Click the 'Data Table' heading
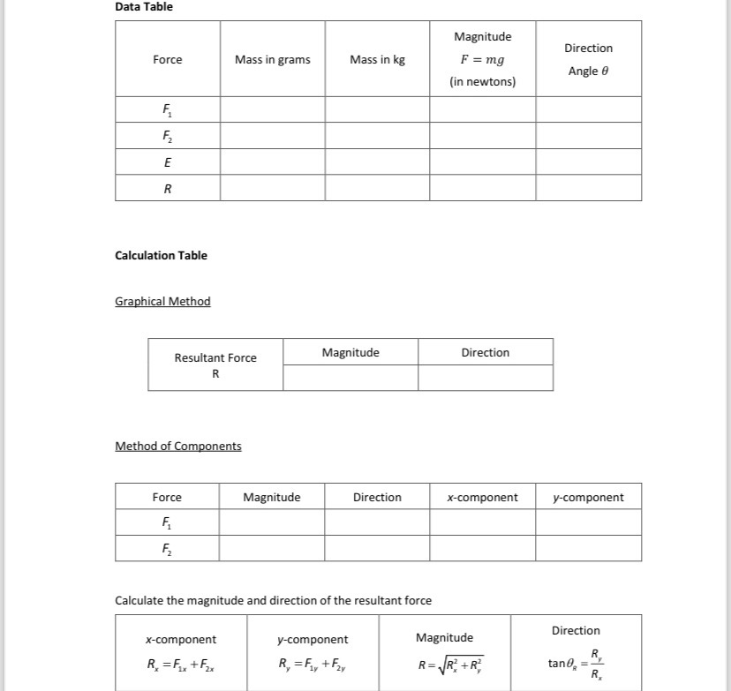point(144,7)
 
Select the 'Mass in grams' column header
point(272,60)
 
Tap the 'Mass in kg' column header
point(377,60)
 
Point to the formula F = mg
point(482,60)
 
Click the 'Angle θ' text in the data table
point(588,71)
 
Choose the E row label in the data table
point(168,162)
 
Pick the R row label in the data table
point(168,188)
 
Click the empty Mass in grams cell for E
point(272,162)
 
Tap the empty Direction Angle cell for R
point(588,188)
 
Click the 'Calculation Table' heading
point(161,256)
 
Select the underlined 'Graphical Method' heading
point(162,302)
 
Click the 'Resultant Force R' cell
point(215,365)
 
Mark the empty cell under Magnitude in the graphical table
point(350,379)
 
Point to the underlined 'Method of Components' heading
point(177,447)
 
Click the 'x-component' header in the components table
point(482,498)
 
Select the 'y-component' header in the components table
point(588,498)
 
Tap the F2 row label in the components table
point(167,548)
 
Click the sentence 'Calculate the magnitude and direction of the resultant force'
point(273,601)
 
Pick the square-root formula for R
point(450,665)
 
